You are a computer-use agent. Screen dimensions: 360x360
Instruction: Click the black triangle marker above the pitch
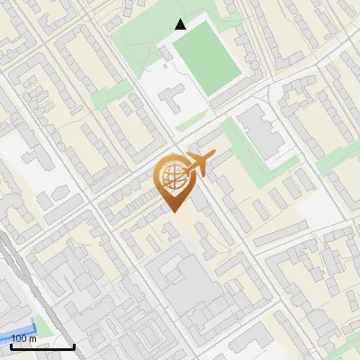[180, 24]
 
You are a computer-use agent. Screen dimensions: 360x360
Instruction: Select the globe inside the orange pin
[172, 176]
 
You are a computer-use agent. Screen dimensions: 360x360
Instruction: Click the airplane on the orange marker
[199, 165]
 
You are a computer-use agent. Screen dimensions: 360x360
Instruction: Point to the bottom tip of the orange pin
[174, 211]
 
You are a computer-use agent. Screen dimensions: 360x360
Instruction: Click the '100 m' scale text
[24, 338]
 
